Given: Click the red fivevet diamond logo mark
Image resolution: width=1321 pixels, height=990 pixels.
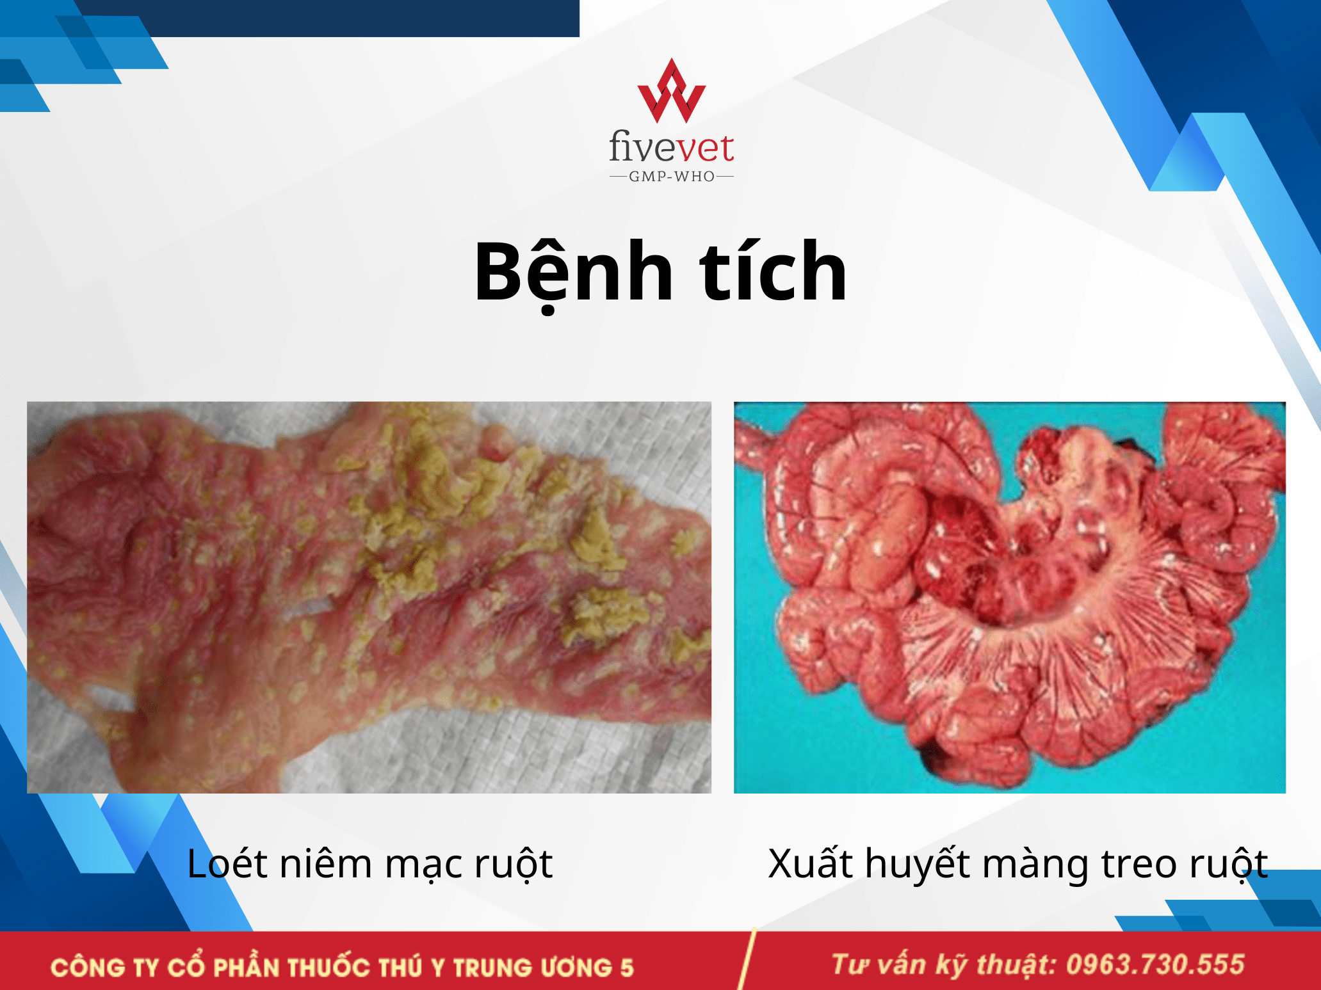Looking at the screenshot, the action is point(672,91).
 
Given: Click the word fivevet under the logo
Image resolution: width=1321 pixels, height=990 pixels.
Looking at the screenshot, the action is point(672,147).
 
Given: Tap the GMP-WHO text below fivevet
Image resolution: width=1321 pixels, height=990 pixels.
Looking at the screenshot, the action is point(672,177).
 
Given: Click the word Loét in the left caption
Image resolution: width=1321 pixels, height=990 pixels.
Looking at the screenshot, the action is point(227,863).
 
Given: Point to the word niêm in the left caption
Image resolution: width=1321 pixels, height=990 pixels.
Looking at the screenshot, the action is point(327,863).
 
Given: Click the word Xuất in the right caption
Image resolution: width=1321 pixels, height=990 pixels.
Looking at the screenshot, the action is point(811,863).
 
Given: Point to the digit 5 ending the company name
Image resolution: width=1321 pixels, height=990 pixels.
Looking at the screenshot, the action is point(627,967).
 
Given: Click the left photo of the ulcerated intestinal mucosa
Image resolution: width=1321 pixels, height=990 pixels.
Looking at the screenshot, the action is point(369,597).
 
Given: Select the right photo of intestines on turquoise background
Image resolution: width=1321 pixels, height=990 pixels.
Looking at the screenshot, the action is point(1010,597).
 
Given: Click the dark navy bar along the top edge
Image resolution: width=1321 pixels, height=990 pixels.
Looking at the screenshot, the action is point(327,18).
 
